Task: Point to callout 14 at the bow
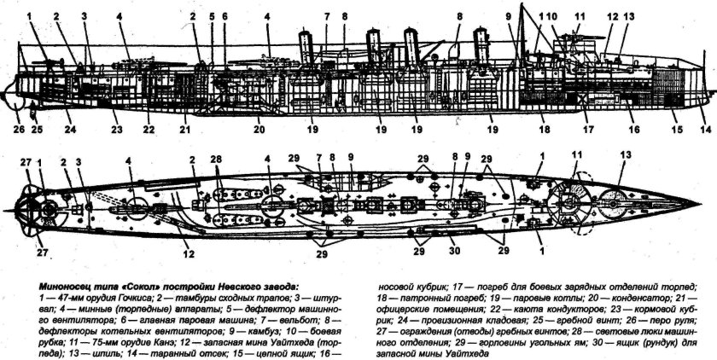tap(705, 130)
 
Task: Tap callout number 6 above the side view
tap(225, 16)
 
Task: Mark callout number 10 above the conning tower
tap(551, 16)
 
